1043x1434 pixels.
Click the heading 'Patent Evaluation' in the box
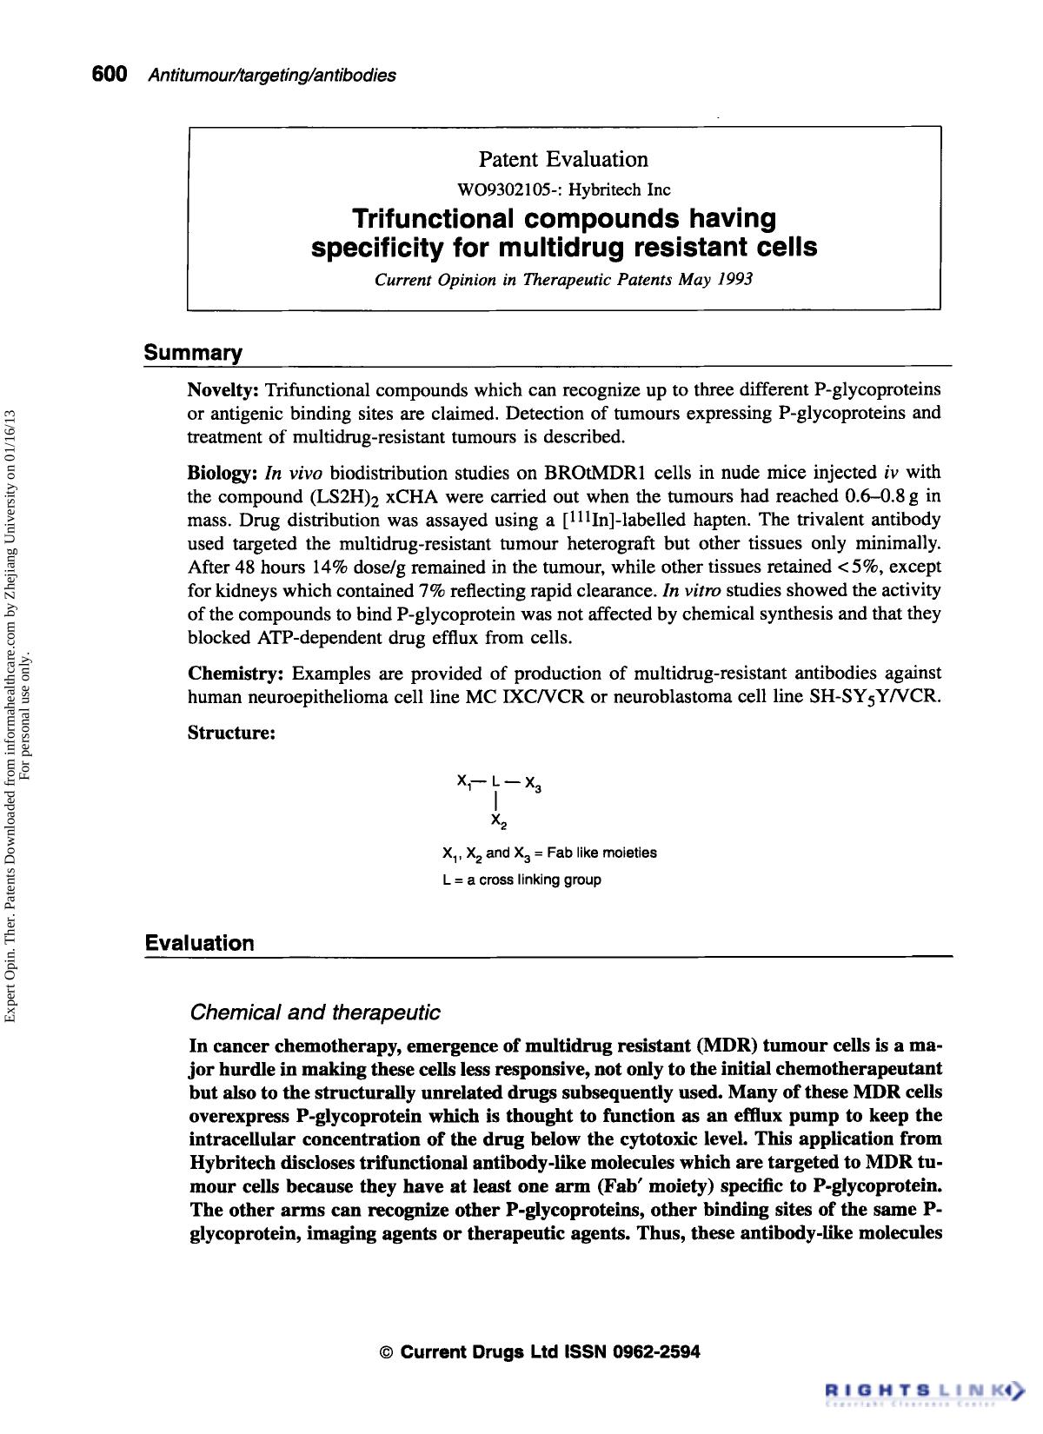(563, 159)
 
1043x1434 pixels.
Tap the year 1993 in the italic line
(735, 280)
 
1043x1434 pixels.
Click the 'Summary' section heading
(193, 353)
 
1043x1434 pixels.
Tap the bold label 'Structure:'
(232, 733)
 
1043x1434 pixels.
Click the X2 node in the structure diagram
(498, 820)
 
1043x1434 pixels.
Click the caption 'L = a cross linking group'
(521, 880)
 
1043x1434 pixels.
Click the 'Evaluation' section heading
(200, 943)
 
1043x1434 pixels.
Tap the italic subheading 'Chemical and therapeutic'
(315, 1012)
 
